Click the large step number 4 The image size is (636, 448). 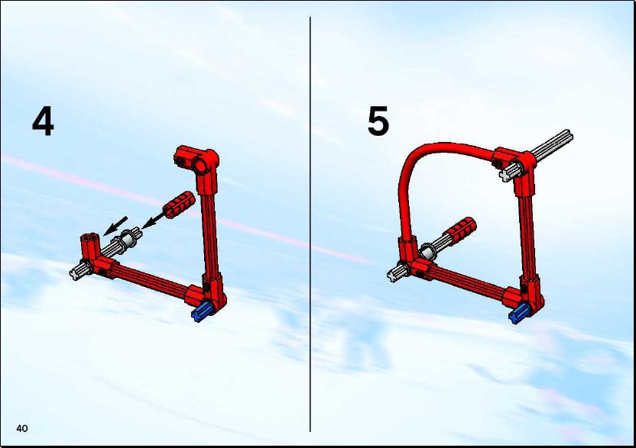[x=43, y=121]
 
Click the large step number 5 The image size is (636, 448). [x=378, y=121]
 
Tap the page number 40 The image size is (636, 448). [x=22, y=428]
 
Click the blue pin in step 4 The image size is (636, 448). [x=202, y=312]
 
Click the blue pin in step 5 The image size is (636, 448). [x=519, y=313]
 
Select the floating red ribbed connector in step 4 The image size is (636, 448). [x=179, y=205]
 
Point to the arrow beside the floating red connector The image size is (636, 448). [x=154, y=221]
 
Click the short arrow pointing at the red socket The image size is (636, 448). [x=115, y=226]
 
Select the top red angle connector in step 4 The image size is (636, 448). [x=196, y=161]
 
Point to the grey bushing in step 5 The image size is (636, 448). [x=427, y=251]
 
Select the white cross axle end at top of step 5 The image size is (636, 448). [x=505, y=175]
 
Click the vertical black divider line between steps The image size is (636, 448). [x=310, y=224]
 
